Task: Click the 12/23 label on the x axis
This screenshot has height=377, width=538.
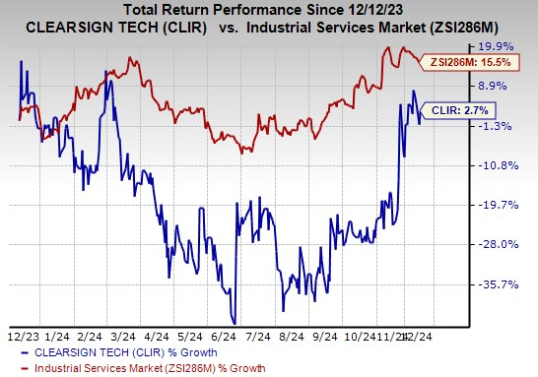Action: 23,336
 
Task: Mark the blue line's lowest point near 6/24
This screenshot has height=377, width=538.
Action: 235,321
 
